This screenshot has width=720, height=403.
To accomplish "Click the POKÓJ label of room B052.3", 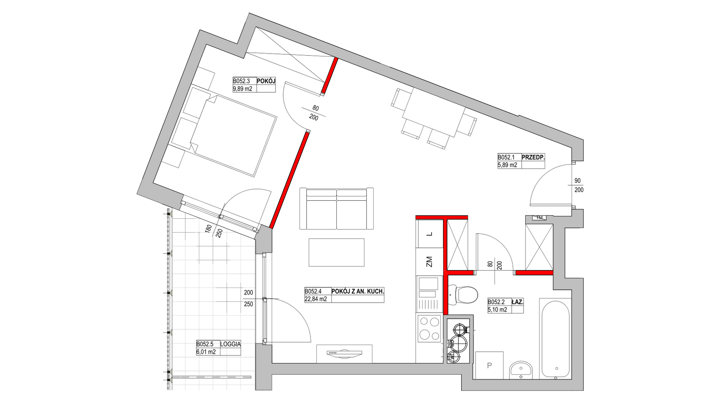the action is pos(266,81).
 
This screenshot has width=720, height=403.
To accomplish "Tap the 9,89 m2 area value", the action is pos(243,89).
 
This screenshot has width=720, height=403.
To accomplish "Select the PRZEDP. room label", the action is pos(533,157).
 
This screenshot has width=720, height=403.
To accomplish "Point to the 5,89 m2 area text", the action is pos(508,165).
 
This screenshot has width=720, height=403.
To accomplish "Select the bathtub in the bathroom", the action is pos(555,338).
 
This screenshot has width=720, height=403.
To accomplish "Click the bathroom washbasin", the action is pos(521,370).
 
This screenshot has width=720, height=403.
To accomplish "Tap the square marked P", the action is pos(489,365).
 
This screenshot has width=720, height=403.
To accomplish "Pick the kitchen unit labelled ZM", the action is pos(430,262).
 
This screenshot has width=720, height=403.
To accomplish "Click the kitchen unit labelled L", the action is pos(430,235).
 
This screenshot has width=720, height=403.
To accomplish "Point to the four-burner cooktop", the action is pos(429,329).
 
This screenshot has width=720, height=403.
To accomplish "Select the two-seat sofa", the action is pos(336,208).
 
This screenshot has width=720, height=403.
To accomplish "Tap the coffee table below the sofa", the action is pos(336,252).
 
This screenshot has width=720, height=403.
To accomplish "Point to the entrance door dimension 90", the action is pos(577,181).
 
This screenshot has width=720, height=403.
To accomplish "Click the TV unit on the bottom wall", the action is pos(344,353).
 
